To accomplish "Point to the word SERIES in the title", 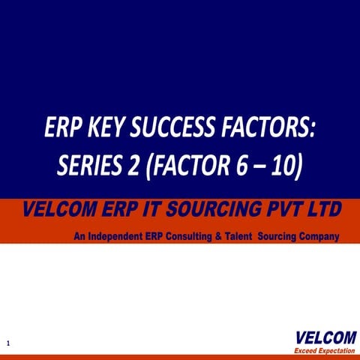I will click(89, 166).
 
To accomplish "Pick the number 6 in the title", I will click(241, 166).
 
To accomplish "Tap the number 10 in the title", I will click(286, 166).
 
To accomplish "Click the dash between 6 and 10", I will click(262, 167).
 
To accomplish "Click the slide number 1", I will click(7, 343).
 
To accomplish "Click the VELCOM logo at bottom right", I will click(320, 336).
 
